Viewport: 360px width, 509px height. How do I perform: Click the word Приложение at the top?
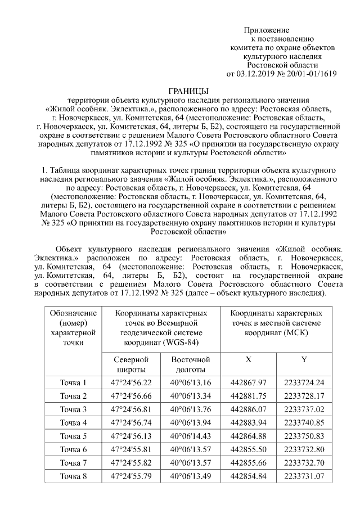(267, 29)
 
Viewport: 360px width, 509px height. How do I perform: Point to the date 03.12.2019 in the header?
(257, 74)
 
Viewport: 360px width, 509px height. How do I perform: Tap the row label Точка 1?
(74, 383)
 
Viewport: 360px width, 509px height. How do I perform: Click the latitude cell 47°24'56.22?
(131, 383)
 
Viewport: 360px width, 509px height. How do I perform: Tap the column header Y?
(304, 359)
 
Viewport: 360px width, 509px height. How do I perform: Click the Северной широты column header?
(131, 364)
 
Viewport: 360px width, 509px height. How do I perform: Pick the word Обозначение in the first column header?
(73, 313)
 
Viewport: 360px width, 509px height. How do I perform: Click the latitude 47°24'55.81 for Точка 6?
(131, 449)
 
